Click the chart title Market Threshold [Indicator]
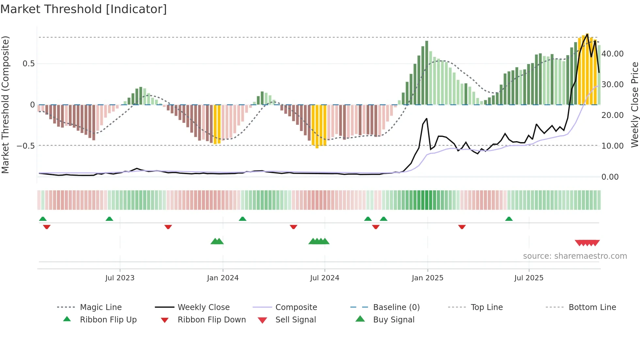(x=84, y=9)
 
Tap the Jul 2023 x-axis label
(x=120, y=278)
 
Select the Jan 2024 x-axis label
(x=223, y=278)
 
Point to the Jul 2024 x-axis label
(x=325, y=278)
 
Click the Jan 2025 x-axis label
(x=427, y=278)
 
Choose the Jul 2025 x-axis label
(x=529, y=278)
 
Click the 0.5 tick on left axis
(x=28, y=64)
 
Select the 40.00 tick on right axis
(x=613, y=54)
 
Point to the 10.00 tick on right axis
(x=613, y=146)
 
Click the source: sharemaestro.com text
(x=575, y=256)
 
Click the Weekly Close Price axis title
(x=634, y=105)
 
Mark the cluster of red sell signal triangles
(x=587, y=243)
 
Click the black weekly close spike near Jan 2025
(x=426, y=119)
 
